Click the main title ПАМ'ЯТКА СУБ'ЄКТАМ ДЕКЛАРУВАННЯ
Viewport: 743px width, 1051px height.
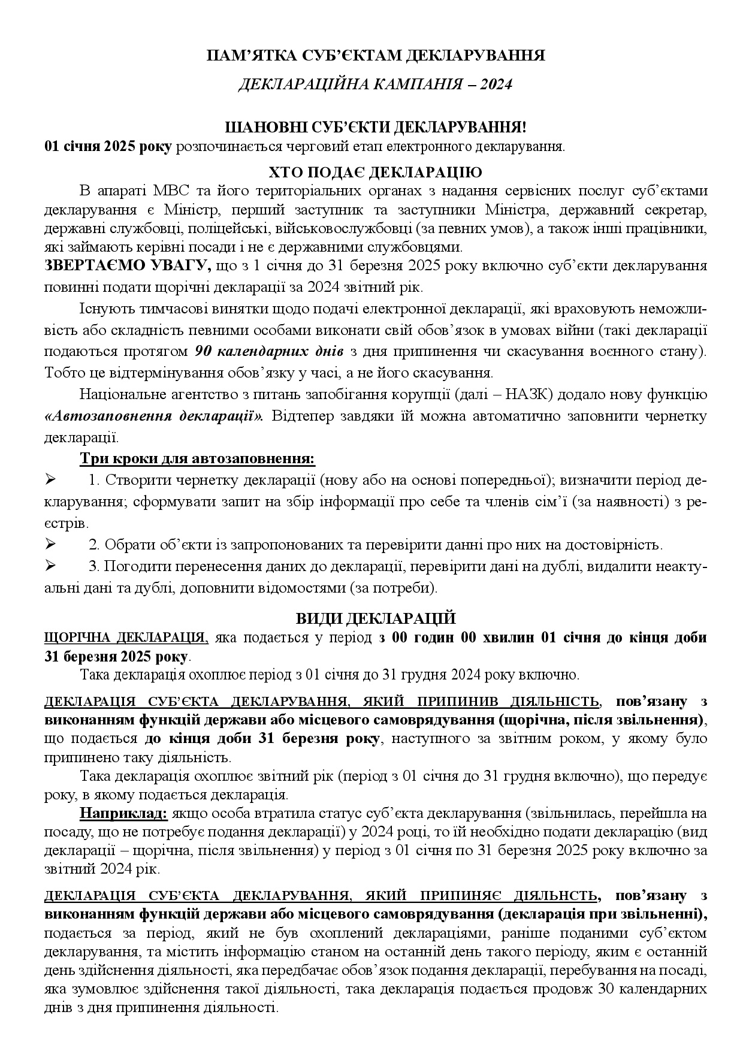(x=376, y=56)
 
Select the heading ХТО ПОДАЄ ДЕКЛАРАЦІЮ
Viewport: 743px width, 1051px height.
(x=376, y=173)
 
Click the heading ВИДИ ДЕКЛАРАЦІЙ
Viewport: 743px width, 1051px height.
(x=376, y=618)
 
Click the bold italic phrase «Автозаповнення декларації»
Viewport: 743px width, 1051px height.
(x=154, y=416)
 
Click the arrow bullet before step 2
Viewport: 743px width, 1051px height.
(x=50, y=545)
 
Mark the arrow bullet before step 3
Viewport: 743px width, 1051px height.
(x=50, y=566)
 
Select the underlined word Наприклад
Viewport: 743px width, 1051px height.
(x=124, y=813)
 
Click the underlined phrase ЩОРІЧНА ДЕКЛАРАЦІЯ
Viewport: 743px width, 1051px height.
(x=126, y=638)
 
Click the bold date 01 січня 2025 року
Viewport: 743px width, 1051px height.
(x=108, y=147)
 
